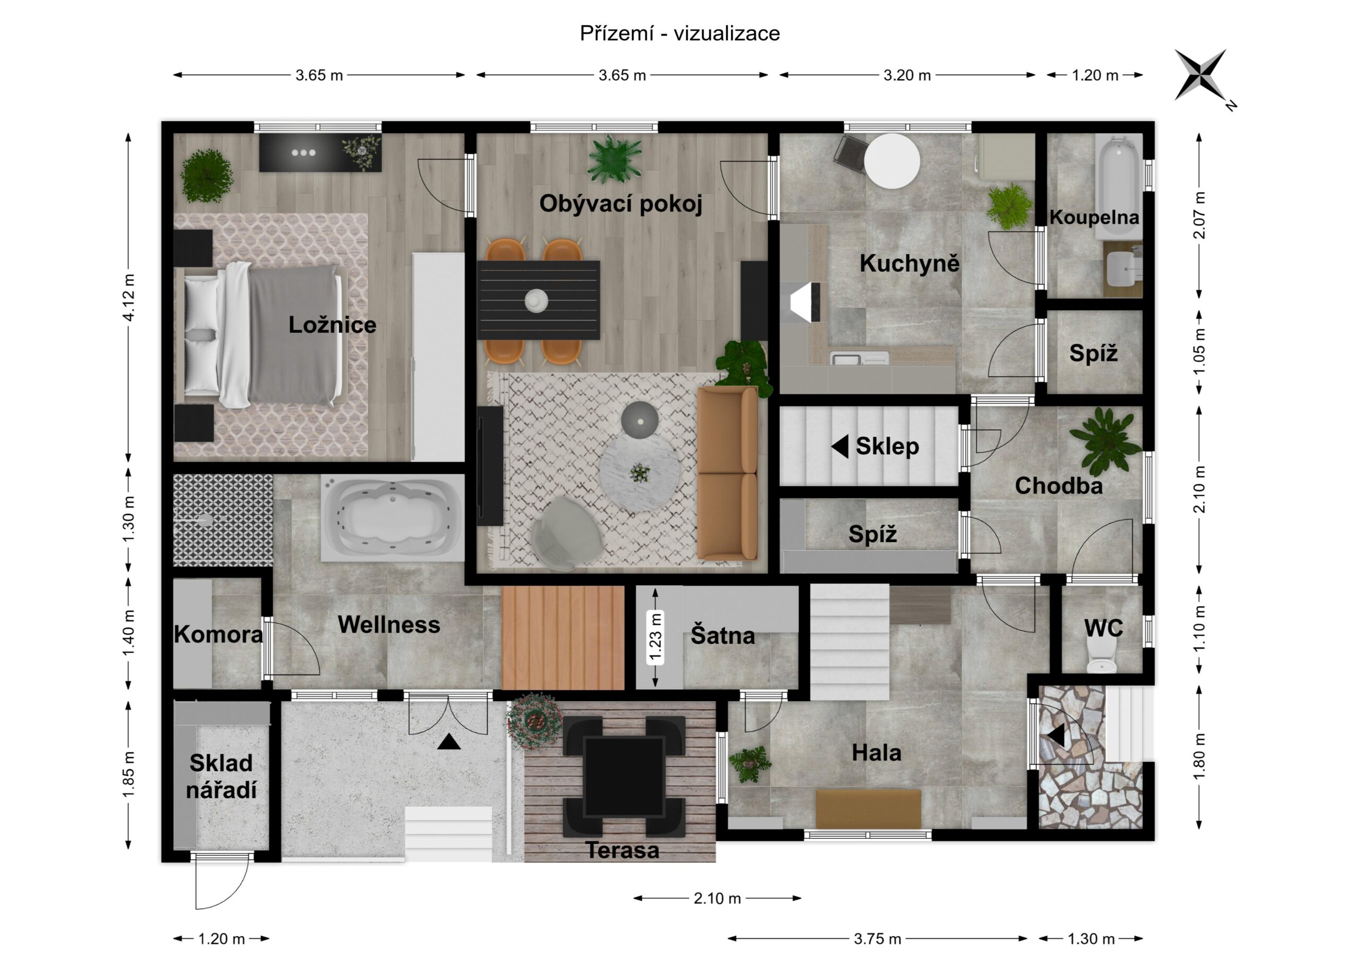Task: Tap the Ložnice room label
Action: point(333,325)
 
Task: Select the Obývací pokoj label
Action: point(621,204)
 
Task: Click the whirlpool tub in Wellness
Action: point(393,518)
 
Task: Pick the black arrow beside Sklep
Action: point(840,446)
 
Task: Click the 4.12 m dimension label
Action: point(129,297)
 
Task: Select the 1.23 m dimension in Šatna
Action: point(655,637)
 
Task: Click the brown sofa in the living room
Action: point(727,473)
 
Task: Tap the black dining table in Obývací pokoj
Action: point(539,300)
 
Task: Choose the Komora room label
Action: point(218,635)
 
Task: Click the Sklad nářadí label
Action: point(221,777)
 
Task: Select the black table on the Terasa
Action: point(624,777)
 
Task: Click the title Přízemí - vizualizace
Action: point(680,33)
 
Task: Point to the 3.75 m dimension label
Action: point(877,939)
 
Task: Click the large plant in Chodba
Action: point(1106,441)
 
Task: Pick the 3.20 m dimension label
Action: point(907,75)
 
